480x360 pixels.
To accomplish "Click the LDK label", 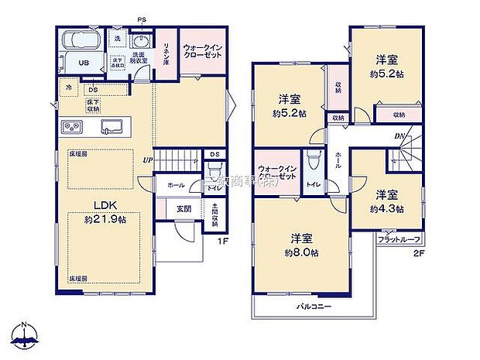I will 105,204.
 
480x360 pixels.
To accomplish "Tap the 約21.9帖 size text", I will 105,219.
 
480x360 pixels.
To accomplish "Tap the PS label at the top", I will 142,19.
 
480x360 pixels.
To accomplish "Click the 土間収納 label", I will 215,214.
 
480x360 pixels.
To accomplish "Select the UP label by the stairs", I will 146,161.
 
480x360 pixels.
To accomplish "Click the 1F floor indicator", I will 222,239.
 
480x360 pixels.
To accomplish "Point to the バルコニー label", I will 314,307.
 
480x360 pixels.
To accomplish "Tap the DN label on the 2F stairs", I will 399,137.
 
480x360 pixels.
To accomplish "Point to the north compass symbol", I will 26,335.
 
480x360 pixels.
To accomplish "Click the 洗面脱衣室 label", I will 139,59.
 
